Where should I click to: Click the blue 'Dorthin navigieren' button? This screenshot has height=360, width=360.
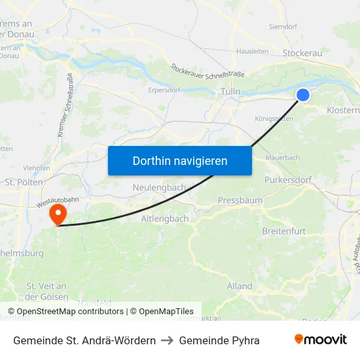coord(179,160)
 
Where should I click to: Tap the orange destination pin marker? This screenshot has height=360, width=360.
coord(58,214)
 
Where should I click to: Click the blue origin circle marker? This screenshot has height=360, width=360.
coord(303,95)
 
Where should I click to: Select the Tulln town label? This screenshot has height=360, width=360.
coord(230,92)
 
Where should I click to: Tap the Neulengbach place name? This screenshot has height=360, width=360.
coord(159,187)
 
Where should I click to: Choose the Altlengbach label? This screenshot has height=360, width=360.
coord(164,219)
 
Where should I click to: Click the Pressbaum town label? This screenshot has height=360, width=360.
coord(240,200)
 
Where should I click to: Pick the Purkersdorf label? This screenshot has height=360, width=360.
coord(287,179)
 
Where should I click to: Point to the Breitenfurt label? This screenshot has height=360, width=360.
coord(284,232)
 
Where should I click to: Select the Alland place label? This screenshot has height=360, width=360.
coord(240,286)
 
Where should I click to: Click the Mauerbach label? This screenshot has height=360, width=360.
coord(283,158)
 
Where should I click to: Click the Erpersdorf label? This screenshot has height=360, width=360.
coord(164,90)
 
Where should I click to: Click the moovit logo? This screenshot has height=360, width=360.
coord(320,340)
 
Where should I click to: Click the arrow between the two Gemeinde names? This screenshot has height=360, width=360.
coord(167,340)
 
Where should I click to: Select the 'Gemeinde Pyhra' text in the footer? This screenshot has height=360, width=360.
coord(219,340)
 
